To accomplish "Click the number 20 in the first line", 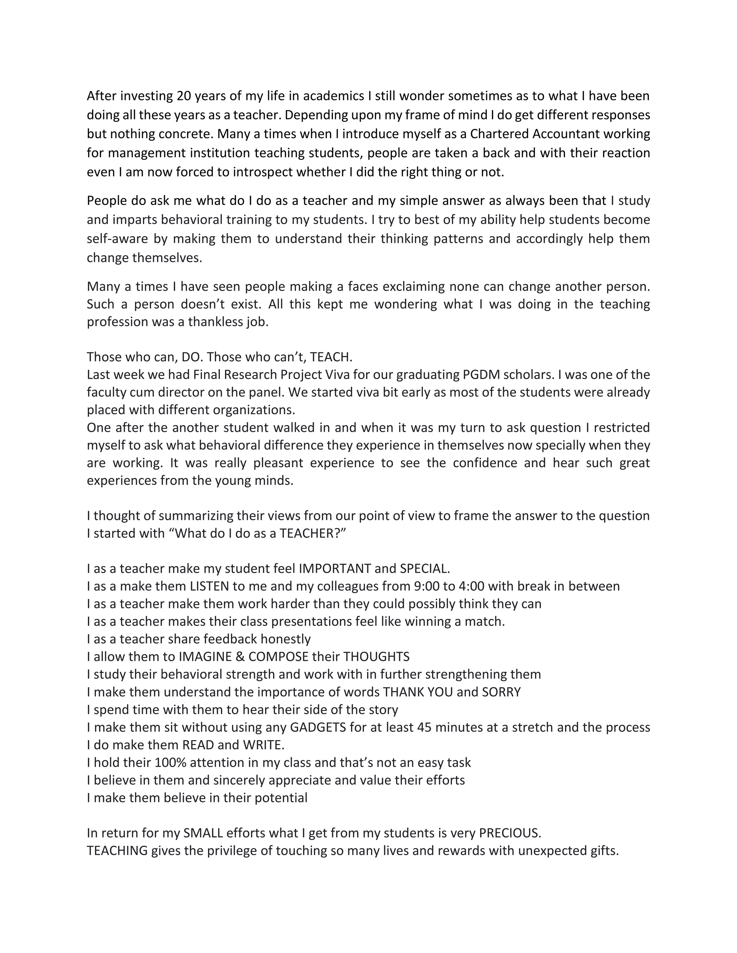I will pos(184,96).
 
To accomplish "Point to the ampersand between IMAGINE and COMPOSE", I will pos(241,657).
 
